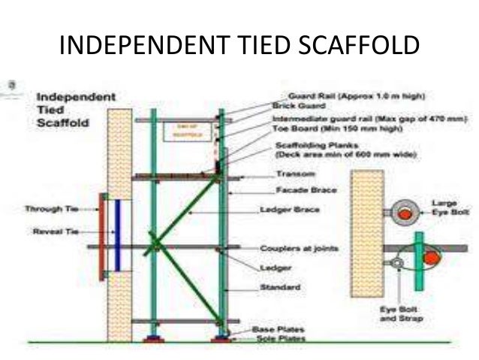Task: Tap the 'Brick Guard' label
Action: tap(289, 107)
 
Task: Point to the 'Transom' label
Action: tap(289, 175)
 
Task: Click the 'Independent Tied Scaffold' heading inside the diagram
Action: tap(75, 110)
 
